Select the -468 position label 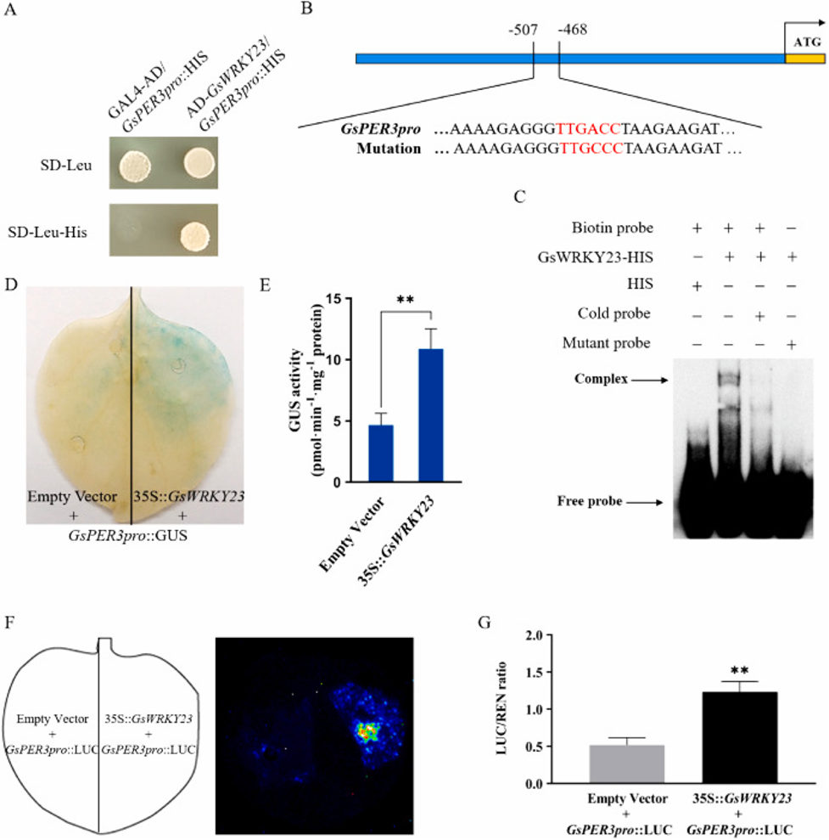tap(573, 31)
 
